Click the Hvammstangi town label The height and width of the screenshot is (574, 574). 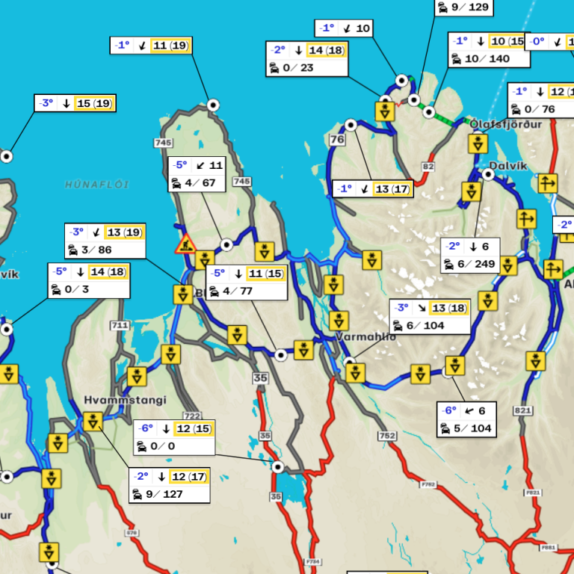(125, 400)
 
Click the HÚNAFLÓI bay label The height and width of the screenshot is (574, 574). (97, 184)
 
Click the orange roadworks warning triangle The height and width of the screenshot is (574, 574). (185, 244)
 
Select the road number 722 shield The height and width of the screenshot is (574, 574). (192, 416)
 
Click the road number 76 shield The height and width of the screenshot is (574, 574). (338, 140)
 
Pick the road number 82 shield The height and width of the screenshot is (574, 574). (428, 166)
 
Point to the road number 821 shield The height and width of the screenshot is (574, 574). (523, 410)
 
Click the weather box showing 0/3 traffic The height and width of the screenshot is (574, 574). (89, 280)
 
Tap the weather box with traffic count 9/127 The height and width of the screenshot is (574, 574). (169, 485)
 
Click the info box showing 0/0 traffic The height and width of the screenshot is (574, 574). (174, 437)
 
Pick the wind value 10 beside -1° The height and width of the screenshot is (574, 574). (362, 28)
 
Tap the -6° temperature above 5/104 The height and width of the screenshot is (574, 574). (448, 410)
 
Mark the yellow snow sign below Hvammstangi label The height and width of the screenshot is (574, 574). (93, 422)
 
